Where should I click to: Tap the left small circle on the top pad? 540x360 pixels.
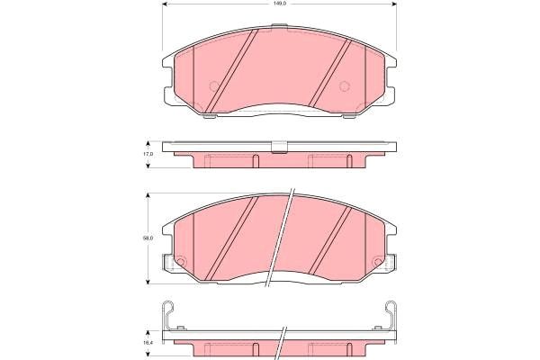214,87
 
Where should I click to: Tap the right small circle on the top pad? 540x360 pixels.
344,87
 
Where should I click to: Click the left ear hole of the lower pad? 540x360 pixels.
177,264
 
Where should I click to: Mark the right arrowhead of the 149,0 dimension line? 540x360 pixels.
396,7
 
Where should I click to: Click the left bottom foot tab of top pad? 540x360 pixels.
209,114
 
